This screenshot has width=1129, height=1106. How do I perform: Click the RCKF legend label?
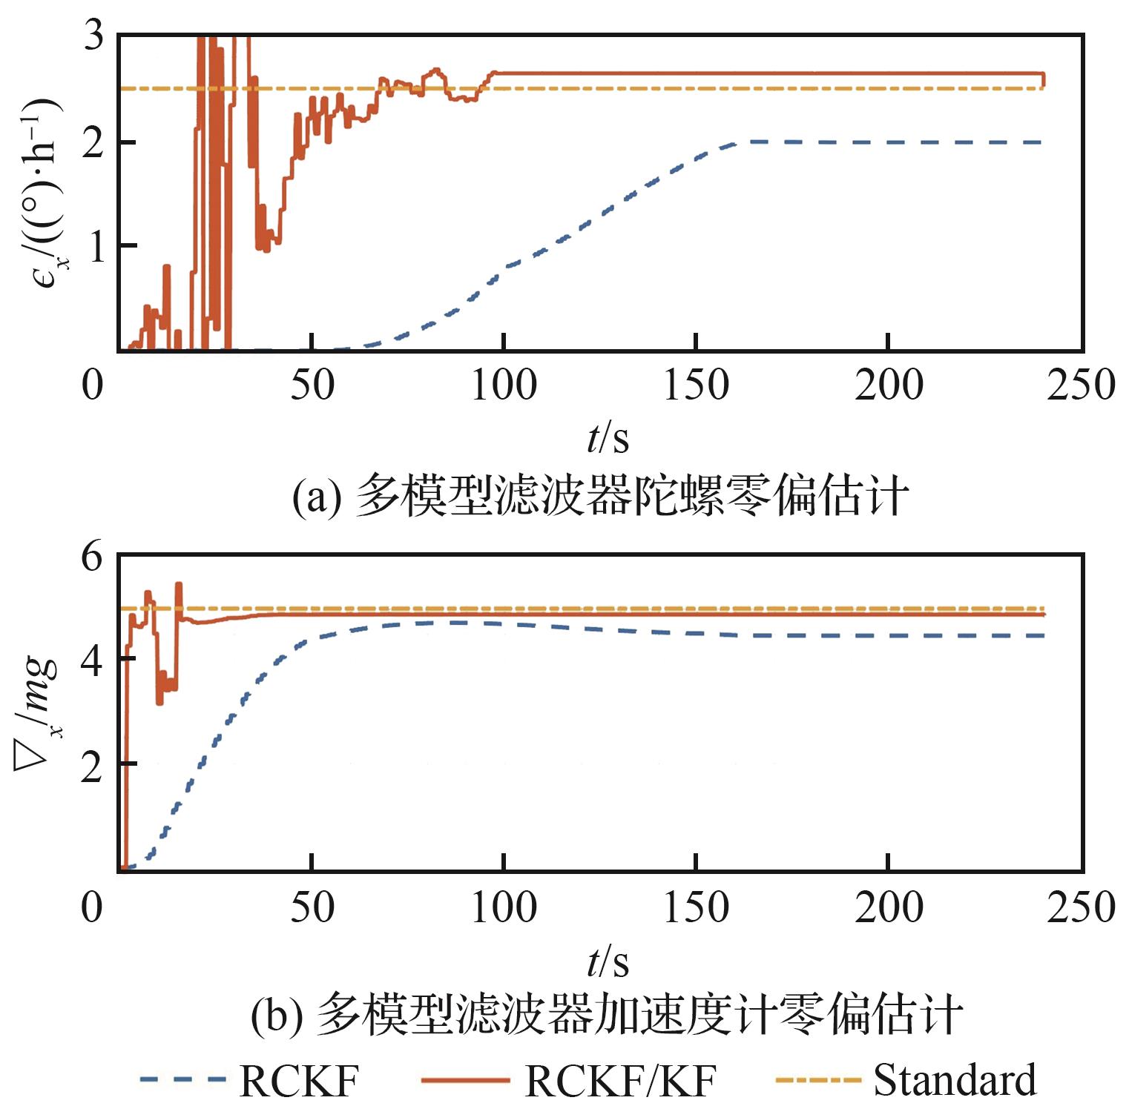pos(299,1080)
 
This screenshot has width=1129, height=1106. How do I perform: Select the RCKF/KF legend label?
pos(620,1080)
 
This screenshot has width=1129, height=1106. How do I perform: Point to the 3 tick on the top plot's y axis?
pos(93,35)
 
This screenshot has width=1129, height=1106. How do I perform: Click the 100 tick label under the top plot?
pos(504,385)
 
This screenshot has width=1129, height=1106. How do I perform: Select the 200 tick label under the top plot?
pos(888,385)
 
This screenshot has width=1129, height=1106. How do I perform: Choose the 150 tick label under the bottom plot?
pos(696,907)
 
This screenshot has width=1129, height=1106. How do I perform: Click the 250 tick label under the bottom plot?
pos(1080,907)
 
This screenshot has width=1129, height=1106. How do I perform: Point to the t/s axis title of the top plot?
pos(608,439)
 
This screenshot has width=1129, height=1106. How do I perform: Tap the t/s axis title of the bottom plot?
pos(608,962)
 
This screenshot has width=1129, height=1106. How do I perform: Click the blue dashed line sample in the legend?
pos(182,1080)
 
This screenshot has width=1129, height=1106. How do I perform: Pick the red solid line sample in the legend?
pos(465,1080)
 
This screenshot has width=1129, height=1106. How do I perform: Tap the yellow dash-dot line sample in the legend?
pos(817,1080)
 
